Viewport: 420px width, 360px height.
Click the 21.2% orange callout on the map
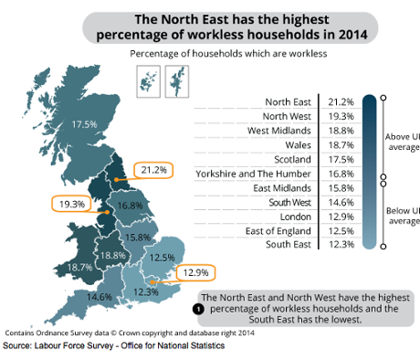(153, 170)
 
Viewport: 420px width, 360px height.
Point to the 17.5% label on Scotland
(84, 124)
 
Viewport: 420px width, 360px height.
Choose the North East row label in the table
(286, 102)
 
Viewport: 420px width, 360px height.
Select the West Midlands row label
(280, 131)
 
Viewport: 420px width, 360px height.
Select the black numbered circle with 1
(197, 310)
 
